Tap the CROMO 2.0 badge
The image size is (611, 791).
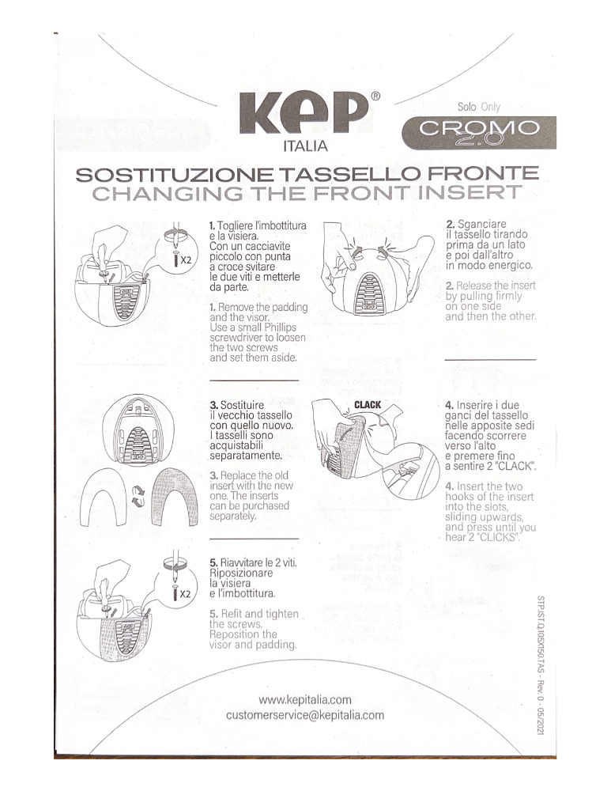pos(479,132)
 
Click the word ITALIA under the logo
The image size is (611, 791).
pos(305,146)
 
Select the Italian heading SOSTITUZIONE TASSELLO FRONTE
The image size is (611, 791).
pos(306,173)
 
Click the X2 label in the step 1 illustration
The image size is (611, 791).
pos(183,259)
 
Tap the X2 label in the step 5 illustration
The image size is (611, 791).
pos(183,592)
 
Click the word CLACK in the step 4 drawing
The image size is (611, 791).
pos(368,405)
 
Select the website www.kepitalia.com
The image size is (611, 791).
pos(305,699)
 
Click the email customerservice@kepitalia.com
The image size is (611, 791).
pos(305,715)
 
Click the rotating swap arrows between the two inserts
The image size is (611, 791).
pos(138,497)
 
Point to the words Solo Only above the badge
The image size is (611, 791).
pos(478,107)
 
